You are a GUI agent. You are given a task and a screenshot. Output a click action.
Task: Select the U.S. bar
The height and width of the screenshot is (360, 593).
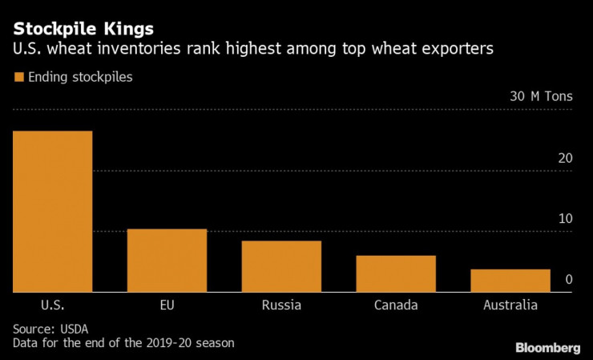pyautogui.click(x=52, y=212)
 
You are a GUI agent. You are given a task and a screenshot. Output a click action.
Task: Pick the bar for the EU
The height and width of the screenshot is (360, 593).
pyautogui.click(x=167, y=261)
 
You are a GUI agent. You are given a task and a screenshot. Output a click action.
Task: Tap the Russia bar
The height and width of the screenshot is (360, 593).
pyautogui.click(x=281, y=266)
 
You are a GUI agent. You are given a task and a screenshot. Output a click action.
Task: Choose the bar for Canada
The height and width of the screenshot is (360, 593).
pyautogui.click(x=396, y=273)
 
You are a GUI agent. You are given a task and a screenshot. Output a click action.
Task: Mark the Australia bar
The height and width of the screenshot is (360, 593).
pyautogui.click(x=510, y=281)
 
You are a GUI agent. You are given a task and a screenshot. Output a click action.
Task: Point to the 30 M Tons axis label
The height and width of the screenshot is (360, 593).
pyautogui.click(x=542, y=96)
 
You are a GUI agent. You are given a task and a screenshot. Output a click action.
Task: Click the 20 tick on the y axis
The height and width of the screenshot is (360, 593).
pyautogui.click(x=565, y=158)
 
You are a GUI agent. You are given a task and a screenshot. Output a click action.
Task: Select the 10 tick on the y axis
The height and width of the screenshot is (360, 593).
pyautogui.click(x=565, y=219)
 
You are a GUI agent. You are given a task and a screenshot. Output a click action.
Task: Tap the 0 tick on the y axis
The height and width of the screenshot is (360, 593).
pyautogui.click(x=568, y=280)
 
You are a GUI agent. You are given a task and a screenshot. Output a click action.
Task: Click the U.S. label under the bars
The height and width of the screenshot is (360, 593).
pyautogui.click(x=52, y=305)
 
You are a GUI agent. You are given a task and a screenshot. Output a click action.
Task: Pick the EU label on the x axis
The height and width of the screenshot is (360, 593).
pyautogui.click(x=167, y=305)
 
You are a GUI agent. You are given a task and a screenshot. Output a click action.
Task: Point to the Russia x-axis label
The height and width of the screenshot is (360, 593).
pyautogui.click(x=281, y=305)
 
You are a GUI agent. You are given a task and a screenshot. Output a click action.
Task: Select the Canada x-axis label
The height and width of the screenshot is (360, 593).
pyautogui.click(x=396, y=305)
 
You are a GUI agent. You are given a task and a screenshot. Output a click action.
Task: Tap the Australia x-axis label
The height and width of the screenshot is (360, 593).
pyautogui.click(x=510, y=305)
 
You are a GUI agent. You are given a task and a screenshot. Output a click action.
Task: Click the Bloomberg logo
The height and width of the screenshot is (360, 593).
pyautogui.click(x=547, y=347)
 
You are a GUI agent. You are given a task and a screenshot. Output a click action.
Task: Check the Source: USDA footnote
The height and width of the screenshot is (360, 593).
pyautogui.click(x=50, y=329)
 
